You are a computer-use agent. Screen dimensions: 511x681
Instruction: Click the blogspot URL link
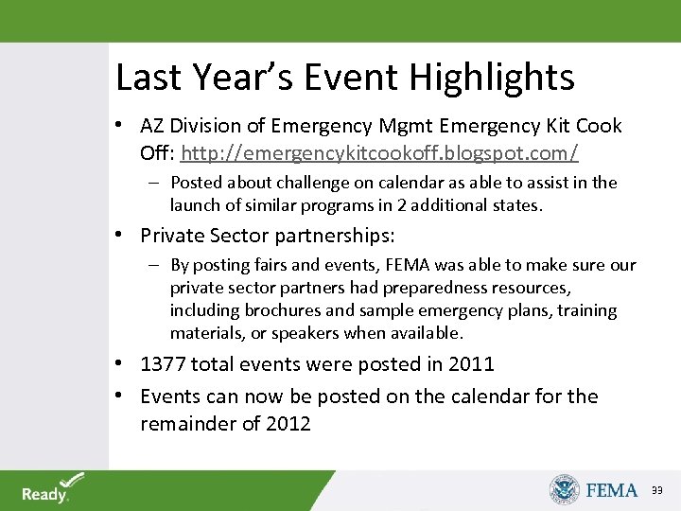click(x=379, y=152)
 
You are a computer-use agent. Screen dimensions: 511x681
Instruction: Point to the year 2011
click(x=471, y=364)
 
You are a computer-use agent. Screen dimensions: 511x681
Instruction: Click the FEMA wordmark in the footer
click(x=612, y=489)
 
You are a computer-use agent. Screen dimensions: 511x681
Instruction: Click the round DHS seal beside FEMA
click(x=564, y=489)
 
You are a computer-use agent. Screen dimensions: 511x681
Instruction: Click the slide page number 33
click(x=657, y=490)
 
